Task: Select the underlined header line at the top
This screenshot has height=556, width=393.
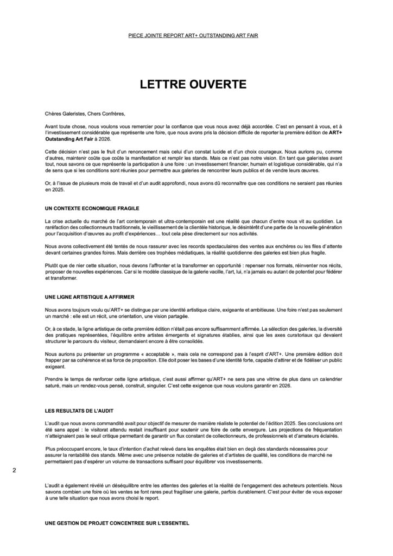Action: click(x=196, y=36)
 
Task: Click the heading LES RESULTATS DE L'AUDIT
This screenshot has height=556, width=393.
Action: click(x=79, y=411)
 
